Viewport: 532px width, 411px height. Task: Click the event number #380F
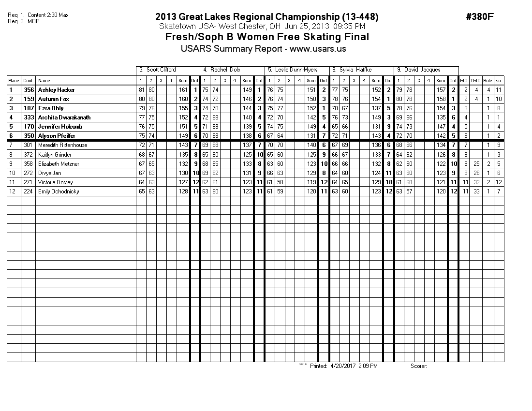pos(480,17)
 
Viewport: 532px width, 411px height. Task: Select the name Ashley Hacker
pos(56,90)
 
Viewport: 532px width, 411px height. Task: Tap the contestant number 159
pos(29,99)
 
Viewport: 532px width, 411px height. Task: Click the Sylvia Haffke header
pos(355,70)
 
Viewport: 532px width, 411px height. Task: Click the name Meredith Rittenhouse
pos(62,145)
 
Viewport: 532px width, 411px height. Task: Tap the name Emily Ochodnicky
pos(59,191)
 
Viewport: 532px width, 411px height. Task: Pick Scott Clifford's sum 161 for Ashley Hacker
pos(183,90)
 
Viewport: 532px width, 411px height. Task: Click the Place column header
pos(14,81)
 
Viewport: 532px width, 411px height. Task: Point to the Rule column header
pos(488,81)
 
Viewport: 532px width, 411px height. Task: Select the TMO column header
pos(476,81)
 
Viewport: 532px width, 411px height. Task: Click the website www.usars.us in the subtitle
pos(318,49)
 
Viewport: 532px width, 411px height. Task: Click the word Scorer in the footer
pos(418,366)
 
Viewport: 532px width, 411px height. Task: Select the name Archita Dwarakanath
pos(64,117)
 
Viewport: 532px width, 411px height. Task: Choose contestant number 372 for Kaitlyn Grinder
pos(29,155)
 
